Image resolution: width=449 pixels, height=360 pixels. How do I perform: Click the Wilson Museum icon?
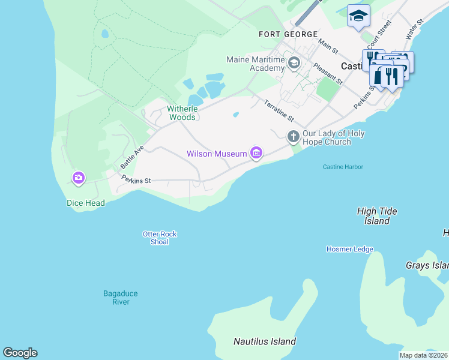coord(256,154)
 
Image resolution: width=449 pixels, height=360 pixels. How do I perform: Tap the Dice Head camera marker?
coord(79,178)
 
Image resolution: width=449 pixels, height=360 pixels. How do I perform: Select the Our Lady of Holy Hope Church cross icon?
coord(293,137)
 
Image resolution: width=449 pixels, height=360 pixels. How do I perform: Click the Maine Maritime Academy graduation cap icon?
coord(294,62)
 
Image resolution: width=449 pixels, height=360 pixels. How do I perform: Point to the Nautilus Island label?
coord(264,341)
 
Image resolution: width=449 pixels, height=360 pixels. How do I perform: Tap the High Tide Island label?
coord(377,216)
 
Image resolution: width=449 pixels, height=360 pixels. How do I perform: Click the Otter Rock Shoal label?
coord(160,238)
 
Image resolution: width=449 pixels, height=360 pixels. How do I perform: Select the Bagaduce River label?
coord(120,298)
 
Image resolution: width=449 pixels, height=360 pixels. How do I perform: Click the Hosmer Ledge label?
coord(349,249)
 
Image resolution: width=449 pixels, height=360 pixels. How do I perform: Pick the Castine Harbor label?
coord(343,167)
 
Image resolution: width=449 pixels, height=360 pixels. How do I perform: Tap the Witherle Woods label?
coord(181,113)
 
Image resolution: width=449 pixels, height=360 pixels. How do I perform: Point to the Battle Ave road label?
coord(132,156)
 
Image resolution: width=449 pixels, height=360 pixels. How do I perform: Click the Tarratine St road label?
coord(279,110)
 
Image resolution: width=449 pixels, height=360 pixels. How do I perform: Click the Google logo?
coord(20,353)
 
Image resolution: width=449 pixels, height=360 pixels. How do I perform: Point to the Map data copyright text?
coord(423,355)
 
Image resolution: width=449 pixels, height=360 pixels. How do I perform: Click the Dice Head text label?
coord(85,203)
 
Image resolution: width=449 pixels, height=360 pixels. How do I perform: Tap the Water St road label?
coord(415,29)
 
